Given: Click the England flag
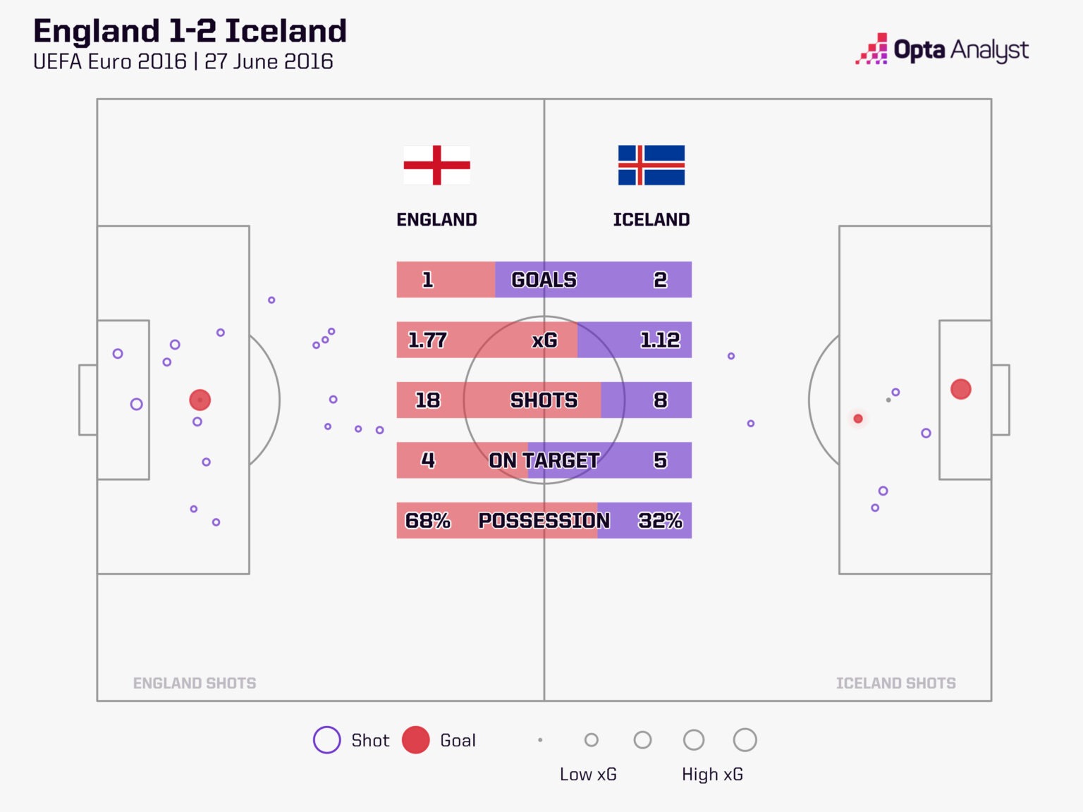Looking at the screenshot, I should click(x=436, y=165).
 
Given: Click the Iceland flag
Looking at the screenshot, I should click(x=651, y=165).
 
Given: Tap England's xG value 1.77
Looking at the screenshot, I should click(x=427, y=340).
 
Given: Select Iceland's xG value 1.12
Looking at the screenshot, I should click(x=659, y=340).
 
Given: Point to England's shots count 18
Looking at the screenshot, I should click(x=427, y=400).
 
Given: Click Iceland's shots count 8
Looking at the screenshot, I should click(x=660, y=400).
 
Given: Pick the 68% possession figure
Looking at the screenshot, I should click(x=427, y=521).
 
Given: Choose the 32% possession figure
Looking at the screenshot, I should click(x=659, y=521).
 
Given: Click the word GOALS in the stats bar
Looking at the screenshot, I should click(x=544, y=280).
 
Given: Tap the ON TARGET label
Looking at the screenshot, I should click(x=544, y=461).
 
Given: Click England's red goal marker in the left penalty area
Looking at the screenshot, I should click(x=200, y=400).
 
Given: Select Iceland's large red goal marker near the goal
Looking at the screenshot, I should click(x=960, y=389).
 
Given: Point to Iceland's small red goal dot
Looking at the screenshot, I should click(x=858, y=419).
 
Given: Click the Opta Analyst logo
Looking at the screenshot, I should click(x=942, y=49).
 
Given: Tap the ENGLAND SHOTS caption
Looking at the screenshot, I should click(x=195, y=683).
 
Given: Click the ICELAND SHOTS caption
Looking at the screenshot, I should click(x=895, y=683).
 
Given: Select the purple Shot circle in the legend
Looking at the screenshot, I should click(x=326, y=740).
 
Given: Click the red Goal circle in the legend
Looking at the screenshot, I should click(x=416, y=740).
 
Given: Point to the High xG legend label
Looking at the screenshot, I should click(x=712, y=774).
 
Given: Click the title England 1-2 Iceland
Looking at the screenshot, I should click(x=190, y=32).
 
